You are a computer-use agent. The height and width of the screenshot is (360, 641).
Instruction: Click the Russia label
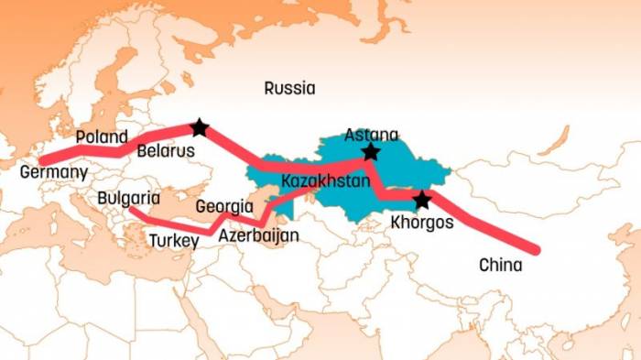289,89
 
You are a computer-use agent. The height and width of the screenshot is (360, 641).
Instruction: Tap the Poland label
102,137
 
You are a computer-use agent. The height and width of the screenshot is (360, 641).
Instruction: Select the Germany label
53,172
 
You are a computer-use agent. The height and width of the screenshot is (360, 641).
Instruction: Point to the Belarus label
166,151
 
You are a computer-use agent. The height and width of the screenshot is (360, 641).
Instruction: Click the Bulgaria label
128,198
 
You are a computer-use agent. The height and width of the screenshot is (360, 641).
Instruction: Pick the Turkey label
173,241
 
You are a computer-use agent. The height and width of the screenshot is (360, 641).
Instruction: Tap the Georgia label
224,207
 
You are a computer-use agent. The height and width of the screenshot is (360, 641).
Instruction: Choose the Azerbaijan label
259,235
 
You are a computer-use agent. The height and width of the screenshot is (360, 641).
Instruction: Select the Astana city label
372,136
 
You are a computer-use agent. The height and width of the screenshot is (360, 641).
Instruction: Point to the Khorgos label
422,222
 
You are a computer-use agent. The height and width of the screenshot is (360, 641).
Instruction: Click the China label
500,266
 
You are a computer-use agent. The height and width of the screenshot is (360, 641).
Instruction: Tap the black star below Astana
370,152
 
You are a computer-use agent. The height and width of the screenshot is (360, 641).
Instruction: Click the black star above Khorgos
421,200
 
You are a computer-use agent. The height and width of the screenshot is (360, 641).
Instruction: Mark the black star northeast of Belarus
200,127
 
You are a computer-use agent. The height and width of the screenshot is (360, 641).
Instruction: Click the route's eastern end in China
535,248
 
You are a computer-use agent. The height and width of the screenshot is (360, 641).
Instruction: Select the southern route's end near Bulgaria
133,213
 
